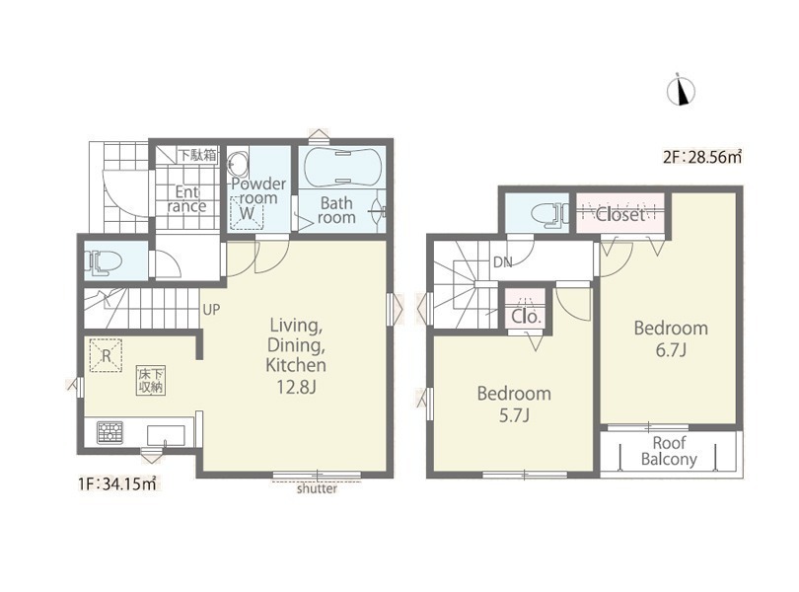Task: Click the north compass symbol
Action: tap(681, 90)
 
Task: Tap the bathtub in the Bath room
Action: tap(342, 168)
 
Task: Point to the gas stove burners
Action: tap(110, 433)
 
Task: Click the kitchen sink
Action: tap(166, 436)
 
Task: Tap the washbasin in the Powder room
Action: tap(238, 163)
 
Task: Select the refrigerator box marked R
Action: tap(106, 355)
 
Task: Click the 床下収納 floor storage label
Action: tap(151, 380)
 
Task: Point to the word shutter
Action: tap(317, 489)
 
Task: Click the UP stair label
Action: tap(211, 310)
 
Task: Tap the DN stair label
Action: tap(503, 263)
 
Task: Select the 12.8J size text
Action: tap(296, 388)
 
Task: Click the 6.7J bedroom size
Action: tap(671, 351)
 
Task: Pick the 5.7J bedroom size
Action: tap(514, 416)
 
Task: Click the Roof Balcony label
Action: tap(669, 451)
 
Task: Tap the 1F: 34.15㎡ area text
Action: tap(117, 483)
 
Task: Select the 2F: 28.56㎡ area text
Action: tap(702, 157)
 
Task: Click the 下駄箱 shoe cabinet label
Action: tap(197, 155)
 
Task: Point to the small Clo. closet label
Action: tap(526, 317)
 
